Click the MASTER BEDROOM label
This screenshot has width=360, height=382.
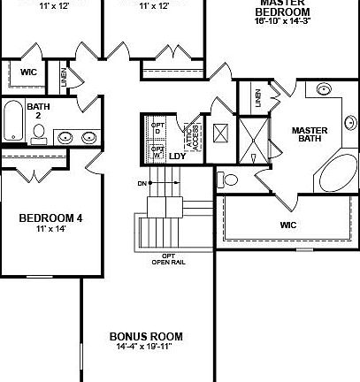[282, 8]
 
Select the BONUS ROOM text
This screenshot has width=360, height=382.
[146, 336]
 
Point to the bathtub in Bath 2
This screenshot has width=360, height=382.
[13, 121]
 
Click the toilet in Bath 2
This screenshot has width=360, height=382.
[39, 134]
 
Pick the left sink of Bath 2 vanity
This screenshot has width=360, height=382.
[65, 137]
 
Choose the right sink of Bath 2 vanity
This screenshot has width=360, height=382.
[88, 137]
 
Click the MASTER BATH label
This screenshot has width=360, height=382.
[310, 135]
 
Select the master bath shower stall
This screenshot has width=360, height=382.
[254, 140]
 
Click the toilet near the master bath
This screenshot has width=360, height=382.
[229, 180]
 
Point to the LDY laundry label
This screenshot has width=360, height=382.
[177, 157]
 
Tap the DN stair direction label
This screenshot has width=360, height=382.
[142, 184]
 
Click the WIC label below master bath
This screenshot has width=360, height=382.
[288, 225]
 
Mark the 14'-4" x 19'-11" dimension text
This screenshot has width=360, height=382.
[146, 348]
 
